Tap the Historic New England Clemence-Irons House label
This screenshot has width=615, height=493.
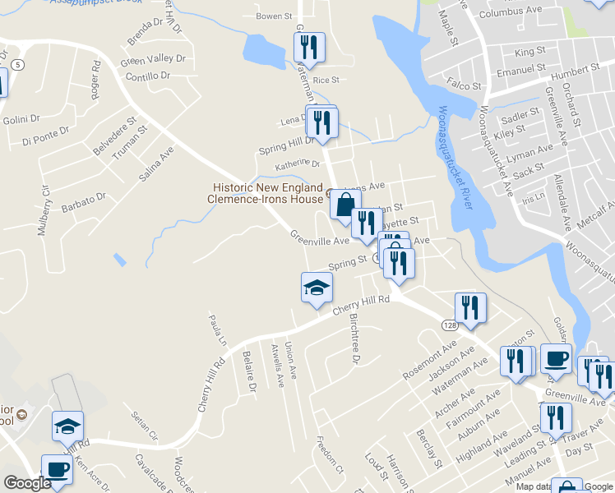tap(265, 193)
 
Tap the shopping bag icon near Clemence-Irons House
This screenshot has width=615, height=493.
tap(345, 204)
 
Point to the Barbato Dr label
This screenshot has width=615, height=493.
tap(85, 201)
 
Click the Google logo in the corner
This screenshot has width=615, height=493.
tap(26, 483)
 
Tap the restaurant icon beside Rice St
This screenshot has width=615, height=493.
tap(310, 47)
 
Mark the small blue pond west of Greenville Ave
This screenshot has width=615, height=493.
tap(121, 260)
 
